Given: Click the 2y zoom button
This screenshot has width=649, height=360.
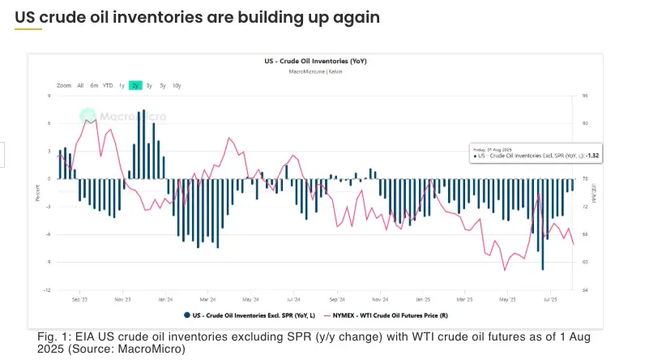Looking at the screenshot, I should pyautogui.click(x=135, y=85).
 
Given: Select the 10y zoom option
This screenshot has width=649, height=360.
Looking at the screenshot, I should pyautogui.click(x=177, y=85).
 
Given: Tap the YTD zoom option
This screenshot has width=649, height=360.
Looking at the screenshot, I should pyautogui.click(x=108, y=85).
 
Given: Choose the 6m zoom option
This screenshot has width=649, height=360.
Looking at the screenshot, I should pyautogui.click(x=94, y=85).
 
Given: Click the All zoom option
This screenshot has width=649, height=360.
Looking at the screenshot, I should pyautogui.click(x=80, y=85).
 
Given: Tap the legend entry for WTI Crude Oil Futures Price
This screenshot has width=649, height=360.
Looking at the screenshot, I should pyautogui.click(x=385, y=315).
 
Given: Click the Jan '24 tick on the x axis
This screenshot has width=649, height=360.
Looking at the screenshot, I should pyautogui.click(x=165, y=298).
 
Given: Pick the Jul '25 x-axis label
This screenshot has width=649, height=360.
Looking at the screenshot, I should pyautogui.click(x=550, y=298).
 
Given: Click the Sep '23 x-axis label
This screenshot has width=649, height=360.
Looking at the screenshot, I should pyautogui.click(x=79, y=298).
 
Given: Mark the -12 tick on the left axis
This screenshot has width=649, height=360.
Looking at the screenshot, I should pyautogui.click(x=49, y=289).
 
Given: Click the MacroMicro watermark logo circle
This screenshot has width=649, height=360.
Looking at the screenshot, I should pyautogui.click(x=88, y=116).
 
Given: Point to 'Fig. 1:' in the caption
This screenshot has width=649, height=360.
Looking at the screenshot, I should pyautogui.click(x=52, y=335).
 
